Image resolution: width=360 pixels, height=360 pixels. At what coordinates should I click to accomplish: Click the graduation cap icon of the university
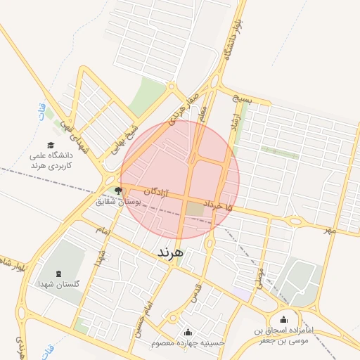51,145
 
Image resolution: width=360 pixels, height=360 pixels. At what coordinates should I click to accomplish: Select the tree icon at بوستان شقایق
117,190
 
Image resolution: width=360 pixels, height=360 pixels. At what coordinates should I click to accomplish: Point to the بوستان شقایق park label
120,202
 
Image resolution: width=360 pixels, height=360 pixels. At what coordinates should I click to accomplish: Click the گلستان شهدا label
58,285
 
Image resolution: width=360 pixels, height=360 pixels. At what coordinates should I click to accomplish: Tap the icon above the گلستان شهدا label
58,273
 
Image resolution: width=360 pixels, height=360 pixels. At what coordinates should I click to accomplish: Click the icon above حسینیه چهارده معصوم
188,332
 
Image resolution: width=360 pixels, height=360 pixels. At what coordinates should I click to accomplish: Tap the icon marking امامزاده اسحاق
284,321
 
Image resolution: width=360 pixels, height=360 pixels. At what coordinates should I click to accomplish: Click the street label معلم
203,114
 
